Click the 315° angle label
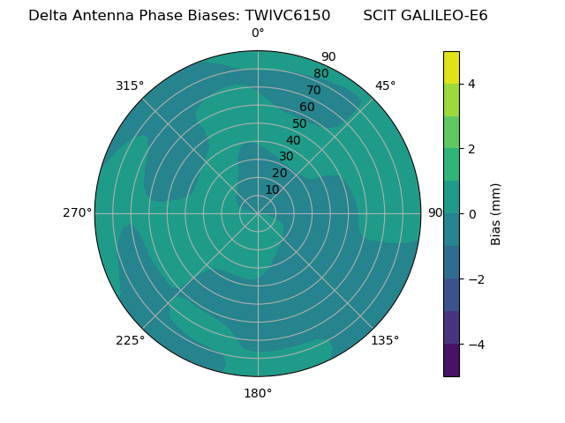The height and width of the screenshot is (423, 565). tap(130, 85)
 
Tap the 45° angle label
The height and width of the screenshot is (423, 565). tap(385, 85)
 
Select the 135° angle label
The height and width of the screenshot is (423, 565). tap(385, 340)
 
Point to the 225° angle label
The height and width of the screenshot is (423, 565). tap(130, 340)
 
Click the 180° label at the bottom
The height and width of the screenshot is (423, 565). tap(258, 393)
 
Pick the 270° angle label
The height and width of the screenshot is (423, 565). tap(77, 212)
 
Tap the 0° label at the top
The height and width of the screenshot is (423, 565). tap(258, 33)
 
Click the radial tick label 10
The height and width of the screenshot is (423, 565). tap(272, 189)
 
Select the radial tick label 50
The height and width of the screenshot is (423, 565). tap(299, 123)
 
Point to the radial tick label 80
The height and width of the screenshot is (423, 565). tap(320, 73)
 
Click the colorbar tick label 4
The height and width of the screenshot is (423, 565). tap(471, 84)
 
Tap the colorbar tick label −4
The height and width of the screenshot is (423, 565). tap(475, 344)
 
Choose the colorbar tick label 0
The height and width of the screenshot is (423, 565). tap(471, 214)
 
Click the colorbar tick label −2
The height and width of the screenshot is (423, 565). tap(475, 278)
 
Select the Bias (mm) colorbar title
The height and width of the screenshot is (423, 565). tap(496, 214)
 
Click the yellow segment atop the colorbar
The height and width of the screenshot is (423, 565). tap(451, 67)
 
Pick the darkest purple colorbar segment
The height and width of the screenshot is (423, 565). tap(451, 360)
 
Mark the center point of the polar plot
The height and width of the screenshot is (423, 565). tap(258, 213)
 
